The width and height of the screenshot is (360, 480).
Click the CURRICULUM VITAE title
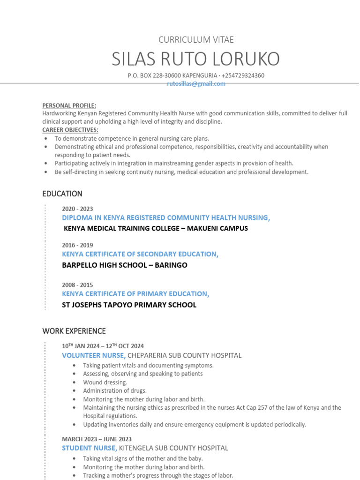[x=196, y=40]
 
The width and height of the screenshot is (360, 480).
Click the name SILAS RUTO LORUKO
[x=196, y=59]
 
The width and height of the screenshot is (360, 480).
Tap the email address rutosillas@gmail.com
[x=196, y=84]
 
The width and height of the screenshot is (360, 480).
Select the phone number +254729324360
[x=243, y=75]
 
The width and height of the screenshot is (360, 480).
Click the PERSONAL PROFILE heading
[x=69, y=105]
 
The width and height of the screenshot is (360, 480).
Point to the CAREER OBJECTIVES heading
[x=70, y=130]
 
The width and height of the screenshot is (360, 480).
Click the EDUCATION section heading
[x=62, y=194]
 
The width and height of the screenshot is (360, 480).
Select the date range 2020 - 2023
[x=77, y=209]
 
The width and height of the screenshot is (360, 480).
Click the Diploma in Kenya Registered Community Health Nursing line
[x=165, y=218]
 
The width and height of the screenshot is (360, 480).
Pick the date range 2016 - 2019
[x=77, y=245]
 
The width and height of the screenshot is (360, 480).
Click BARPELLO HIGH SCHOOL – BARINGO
[x=124, y=265]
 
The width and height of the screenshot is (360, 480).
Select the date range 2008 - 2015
[x=77, y=285]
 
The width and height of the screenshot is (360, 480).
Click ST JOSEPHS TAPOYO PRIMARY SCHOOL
[x=129, y=305]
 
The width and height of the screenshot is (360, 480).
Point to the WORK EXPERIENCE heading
[x=74, y=331]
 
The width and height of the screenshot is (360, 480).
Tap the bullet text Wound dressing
[x=105, y=382]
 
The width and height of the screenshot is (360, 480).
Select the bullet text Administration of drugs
[x=115, y=391]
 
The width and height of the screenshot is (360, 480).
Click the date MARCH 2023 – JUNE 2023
[x=97, y=439]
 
